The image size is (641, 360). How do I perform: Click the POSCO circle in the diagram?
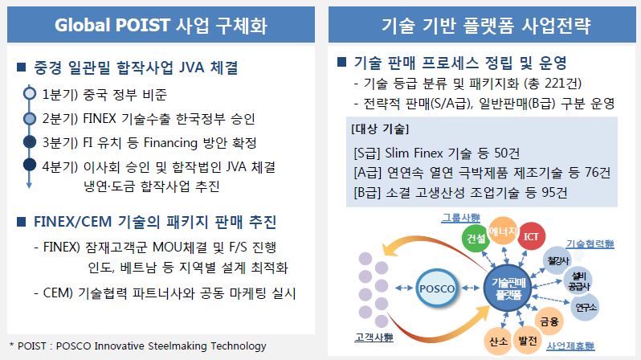(x=437, y=288)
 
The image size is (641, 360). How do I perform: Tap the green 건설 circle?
(x=476, y=237)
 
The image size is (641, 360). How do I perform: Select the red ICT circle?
(x=531, y=236)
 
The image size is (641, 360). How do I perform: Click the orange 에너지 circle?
(x=503, y=231)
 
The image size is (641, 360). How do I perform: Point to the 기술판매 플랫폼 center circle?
(x=508, y=288)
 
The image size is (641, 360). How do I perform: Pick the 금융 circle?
(x=549, y=321)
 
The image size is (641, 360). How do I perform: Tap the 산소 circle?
(x=499, y=341)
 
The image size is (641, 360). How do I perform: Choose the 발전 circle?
(x=528, y=341)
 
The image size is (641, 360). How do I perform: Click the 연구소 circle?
(x=586, y=307)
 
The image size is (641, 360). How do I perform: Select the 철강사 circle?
(x=558, y=260)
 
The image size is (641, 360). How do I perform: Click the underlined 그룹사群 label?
(x=461, y=217)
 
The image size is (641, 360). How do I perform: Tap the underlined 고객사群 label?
(x=374, y=337)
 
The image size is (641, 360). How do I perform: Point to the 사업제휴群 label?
(x=570, y=346)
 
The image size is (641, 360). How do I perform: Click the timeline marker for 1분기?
(x=30, y=94)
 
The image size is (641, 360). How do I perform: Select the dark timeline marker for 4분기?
(x=30, y=165)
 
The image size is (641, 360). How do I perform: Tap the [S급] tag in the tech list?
(x=368, y=153)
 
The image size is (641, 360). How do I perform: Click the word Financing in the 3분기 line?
(x=170, y=143)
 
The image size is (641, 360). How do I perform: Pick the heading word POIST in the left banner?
(x=143, y=25)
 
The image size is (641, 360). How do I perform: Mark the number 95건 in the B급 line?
(x=554, y=192)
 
